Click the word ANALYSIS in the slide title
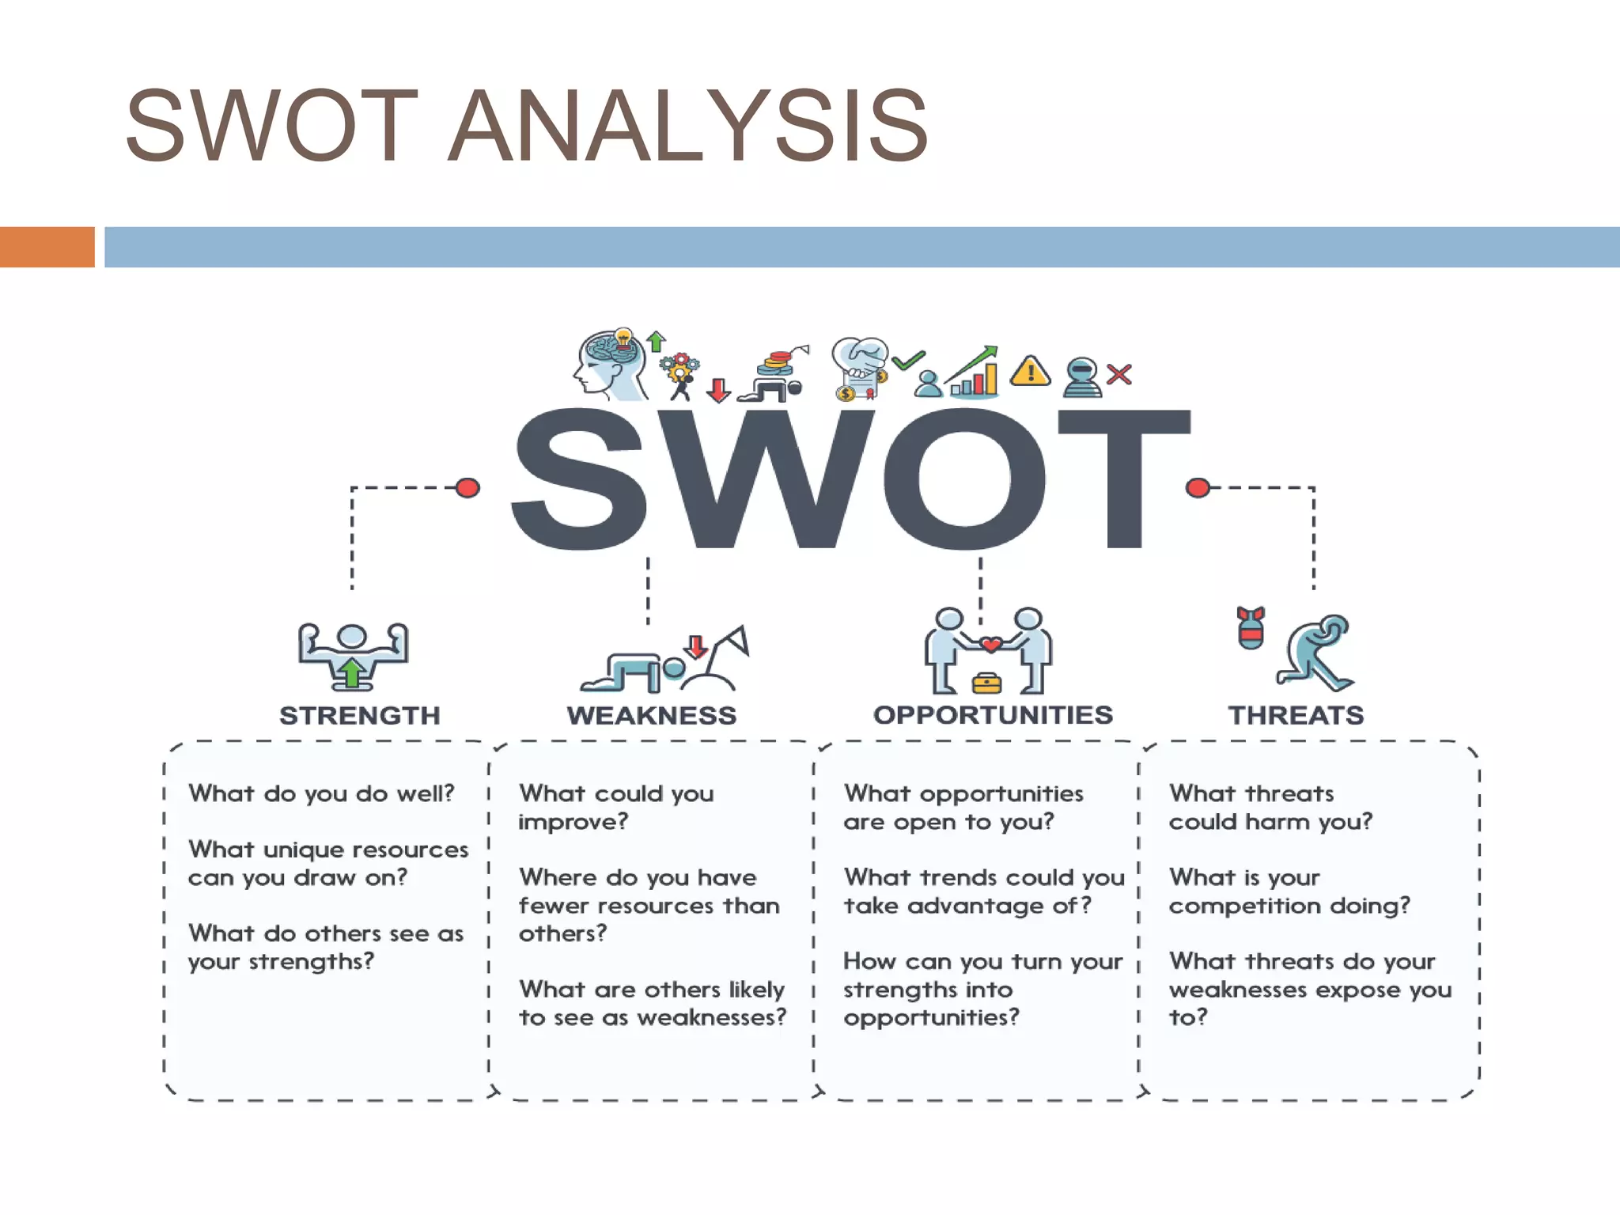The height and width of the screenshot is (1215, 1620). pyautogui.click(x=688, y=127)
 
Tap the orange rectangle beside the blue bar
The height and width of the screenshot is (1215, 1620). pyautogui.click(x=47, y=247)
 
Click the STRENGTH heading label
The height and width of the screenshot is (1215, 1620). pyautogui.click(x=360, y=715)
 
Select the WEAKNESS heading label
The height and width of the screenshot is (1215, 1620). pyautogui.click(x=651, y=715)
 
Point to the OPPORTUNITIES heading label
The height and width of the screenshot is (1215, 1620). pyautogui.click(x=993, y=715)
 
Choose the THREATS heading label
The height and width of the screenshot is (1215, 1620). pyautogui.click(x=1296, y=715)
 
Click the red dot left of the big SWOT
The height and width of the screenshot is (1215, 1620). pyautogui.click(x=467, y=487)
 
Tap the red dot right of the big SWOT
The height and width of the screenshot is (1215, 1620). pyautogui.click(x=1198, y=487)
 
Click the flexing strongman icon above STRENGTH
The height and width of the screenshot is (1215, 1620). pyautogui.click(x=353, y=655)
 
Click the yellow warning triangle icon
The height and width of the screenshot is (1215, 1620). pyautogui.click(x=1030, y=372)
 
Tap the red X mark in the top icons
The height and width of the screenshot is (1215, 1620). pyautogui.click(x=1118, y=374)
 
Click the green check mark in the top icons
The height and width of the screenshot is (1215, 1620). pyautogui.click(x=908, y=361)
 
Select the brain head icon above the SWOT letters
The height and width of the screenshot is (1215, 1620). pyautogui.click(x=609, y=365)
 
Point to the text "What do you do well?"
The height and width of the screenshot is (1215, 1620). pyautogui.click(x=321, y=793)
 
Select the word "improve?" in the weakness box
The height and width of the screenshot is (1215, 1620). pyautogui.click(x=573, y=822)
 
